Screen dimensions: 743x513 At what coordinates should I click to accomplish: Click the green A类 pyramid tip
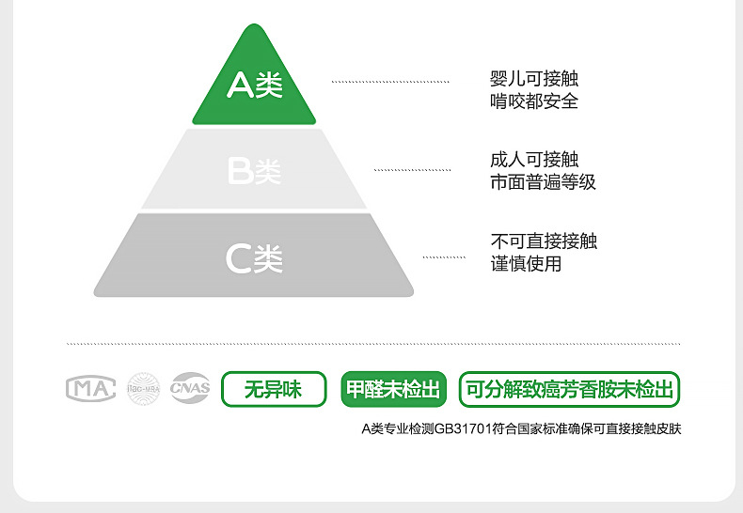coord(254,85)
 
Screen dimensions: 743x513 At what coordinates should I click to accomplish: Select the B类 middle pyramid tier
coord(254,171)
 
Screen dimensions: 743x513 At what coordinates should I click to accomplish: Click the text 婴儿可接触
coord(533,80)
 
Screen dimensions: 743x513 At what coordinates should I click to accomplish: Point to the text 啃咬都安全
coord(533,101)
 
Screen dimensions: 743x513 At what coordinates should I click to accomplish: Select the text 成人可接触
coord(533,161)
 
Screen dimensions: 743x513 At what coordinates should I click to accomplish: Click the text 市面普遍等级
coord(543,182)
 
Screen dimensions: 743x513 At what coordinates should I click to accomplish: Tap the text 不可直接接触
coord(543,242)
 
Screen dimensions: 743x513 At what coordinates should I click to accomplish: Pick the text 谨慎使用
coord(525,264)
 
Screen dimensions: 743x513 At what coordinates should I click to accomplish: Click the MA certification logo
coord(90,389)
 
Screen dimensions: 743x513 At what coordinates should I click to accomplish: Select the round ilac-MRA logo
coord(144,389)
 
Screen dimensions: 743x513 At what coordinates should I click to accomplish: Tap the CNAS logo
coord(191,389)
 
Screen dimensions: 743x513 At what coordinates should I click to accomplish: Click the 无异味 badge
coord(274,389)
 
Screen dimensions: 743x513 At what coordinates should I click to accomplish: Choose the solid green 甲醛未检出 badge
coord(393,389)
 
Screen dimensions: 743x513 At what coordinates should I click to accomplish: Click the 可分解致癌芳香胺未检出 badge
coord(570,389)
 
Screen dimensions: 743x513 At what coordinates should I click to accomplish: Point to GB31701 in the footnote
coord(460,429)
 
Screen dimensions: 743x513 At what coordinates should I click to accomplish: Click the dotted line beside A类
coord(390,83)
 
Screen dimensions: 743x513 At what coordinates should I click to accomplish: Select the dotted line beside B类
coord(411,170)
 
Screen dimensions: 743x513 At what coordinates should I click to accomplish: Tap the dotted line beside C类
coord(444,256)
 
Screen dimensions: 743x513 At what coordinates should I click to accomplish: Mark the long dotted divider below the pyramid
coord(372,344)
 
